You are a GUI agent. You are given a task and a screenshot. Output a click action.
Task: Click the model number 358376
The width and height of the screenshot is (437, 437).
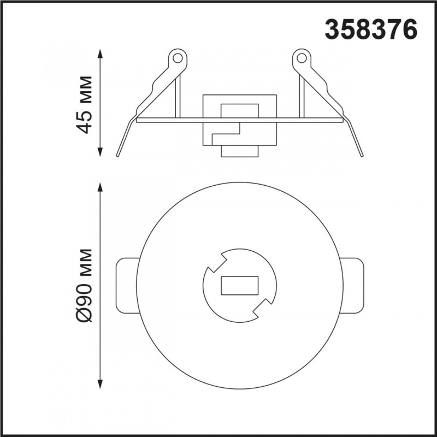click(x=371, y=29)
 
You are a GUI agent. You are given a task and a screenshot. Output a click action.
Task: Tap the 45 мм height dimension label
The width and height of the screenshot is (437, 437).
click(x=84, y=104)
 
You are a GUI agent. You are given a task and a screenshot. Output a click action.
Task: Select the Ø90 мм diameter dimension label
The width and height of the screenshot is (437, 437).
click(x=84, y=285)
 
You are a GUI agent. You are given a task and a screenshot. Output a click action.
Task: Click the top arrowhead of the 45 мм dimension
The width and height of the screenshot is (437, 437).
click(x=101, y=54)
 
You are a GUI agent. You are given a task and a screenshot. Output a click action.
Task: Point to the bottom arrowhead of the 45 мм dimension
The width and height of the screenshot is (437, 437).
click(x=101, y=152)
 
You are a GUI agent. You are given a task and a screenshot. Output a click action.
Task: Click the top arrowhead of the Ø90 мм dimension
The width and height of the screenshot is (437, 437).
click(x=101, y=187)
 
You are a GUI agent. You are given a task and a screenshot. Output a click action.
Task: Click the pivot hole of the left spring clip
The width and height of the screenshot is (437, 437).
click(x=177, y=58)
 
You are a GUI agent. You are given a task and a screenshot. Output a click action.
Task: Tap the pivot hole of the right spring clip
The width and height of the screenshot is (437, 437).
click(x=302, y=58)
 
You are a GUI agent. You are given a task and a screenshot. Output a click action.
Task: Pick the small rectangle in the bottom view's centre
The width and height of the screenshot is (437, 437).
click(x=240, y=286)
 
